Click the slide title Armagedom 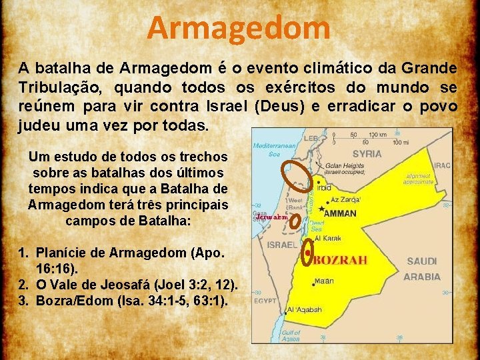tap(239, 28)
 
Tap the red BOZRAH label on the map tap(340, 260)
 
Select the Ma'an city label tap(325, 281)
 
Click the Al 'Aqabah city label tap(305, 309)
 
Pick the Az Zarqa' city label tap(346, 199)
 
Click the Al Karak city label tap(328, 238)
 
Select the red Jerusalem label tap(270, 217)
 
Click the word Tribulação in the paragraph tap(59, 87)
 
